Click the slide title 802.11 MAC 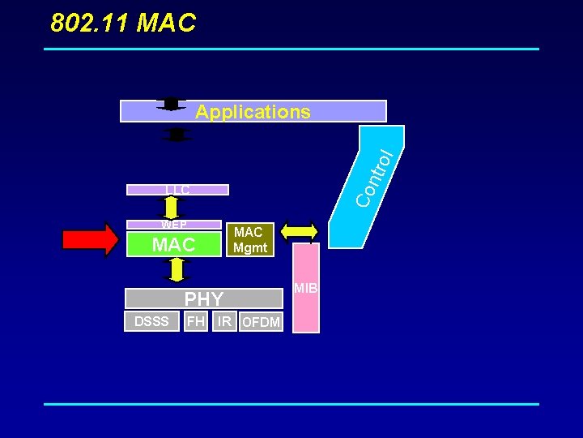click(123, 24)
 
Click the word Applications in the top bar click(253, 112)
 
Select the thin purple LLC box click(177, 190)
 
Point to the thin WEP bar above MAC click(173, 225)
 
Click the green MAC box click(174, 244)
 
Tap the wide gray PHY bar click(204, 298)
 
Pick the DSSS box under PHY click(151, 321)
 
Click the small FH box click(195, 321)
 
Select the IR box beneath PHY click(224, 321)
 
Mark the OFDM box click(261, 322)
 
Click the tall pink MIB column click(305, 288)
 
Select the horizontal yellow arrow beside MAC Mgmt click(300, 231)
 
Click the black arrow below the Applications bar click(176, 134)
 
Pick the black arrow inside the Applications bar click(171, 104)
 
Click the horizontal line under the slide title click(291, 49)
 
